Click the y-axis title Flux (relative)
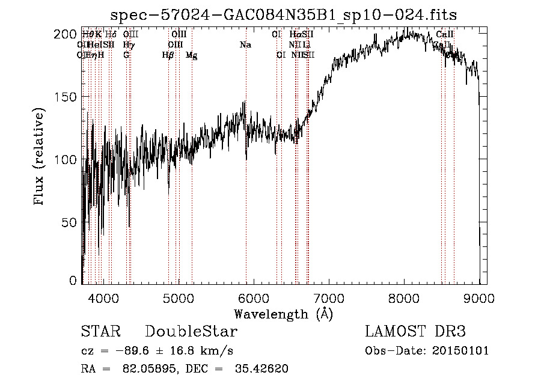coord(40,157)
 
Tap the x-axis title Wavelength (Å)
coord(283,314)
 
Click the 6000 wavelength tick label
coord(254,297)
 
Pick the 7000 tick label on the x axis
coord(329,297)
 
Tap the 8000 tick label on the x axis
coord(404,297)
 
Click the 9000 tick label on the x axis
coord(479,297)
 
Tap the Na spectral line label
coord(245,45)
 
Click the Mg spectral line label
coord(191,55)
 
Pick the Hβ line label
coord(168,55)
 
